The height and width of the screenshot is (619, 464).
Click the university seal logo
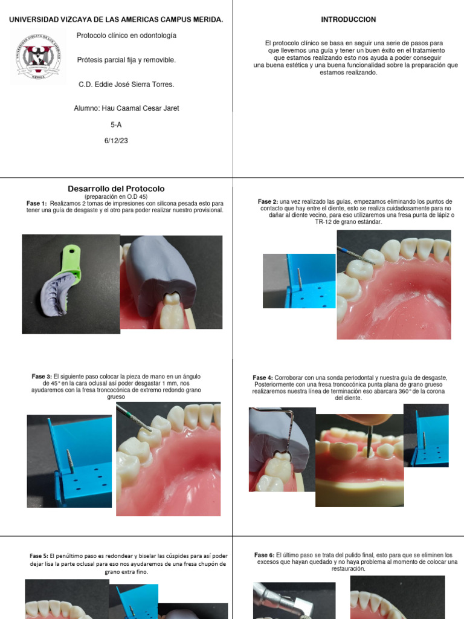point(38,57)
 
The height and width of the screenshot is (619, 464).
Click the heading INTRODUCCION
point(348,19)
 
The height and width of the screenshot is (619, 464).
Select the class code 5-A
point(116,125)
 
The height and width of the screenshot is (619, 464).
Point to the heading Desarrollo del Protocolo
point(115,189)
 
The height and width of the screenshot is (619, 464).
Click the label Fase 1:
point(36,204)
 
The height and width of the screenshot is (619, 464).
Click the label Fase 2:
point(268,201)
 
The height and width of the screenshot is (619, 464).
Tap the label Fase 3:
point(42,377)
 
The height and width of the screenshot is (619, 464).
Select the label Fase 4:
point(263,378)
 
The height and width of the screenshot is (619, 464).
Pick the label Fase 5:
point(39,556)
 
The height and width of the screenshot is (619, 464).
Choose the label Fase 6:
point(264,555)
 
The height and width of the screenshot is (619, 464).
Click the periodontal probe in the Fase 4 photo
point(293,435)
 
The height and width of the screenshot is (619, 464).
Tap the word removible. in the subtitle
point(160,60)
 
